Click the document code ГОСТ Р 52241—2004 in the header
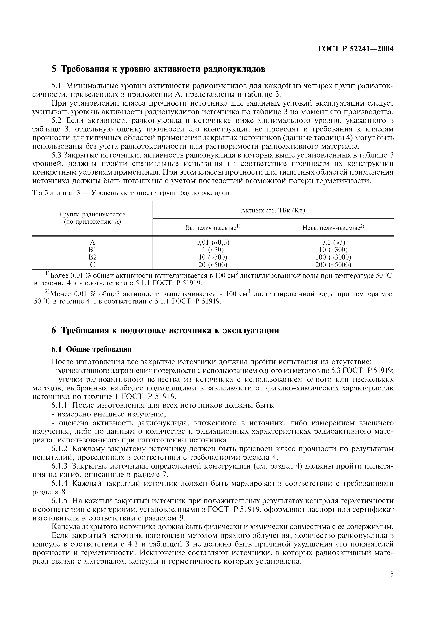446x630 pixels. [x=356, y=49]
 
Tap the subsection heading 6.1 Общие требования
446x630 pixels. [x=91, y=349]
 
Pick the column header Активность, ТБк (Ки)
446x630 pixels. [x=273, y=210]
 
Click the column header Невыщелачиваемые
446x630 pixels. [x=333, y=228]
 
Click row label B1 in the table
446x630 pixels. [x=93, y=250]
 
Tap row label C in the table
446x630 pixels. [x=93, y=265]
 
